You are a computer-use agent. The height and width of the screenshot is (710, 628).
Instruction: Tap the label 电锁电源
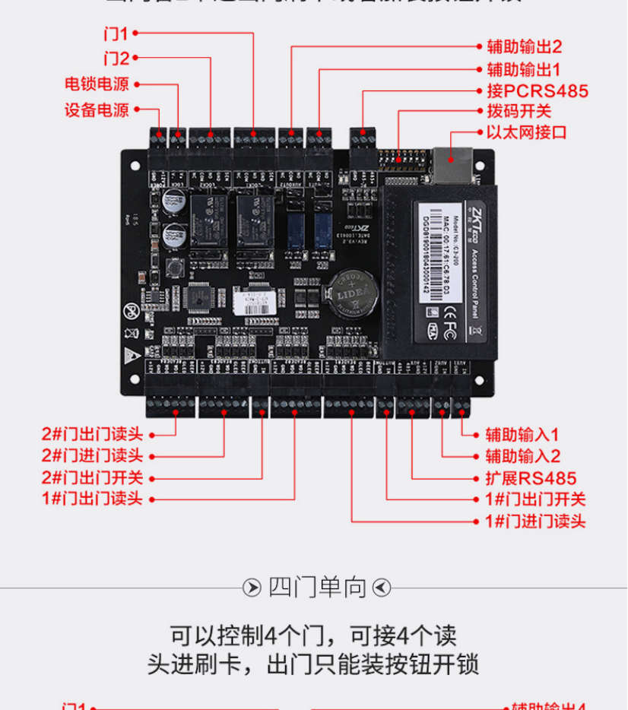97,84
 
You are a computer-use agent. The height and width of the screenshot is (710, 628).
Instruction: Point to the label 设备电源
97,109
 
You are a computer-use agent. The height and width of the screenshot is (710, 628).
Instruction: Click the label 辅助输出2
524,46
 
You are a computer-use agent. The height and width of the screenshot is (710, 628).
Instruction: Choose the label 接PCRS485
537,91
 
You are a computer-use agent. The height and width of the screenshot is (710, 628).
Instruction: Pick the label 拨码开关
519,112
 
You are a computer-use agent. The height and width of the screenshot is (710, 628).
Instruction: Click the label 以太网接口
526,132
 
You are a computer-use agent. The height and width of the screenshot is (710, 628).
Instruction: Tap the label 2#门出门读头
92,435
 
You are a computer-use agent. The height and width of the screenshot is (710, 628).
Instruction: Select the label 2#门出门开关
92,478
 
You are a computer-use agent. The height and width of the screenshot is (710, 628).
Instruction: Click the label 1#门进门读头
535,521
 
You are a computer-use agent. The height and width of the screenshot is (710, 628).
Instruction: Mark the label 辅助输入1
522,435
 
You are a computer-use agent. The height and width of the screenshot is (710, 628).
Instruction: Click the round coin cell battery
351,291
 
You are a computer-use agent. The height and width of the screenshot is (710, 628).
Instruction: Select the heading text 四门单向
317,588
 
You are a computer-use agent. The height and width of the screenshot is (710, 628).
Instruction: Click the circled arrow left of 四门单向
252,588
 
